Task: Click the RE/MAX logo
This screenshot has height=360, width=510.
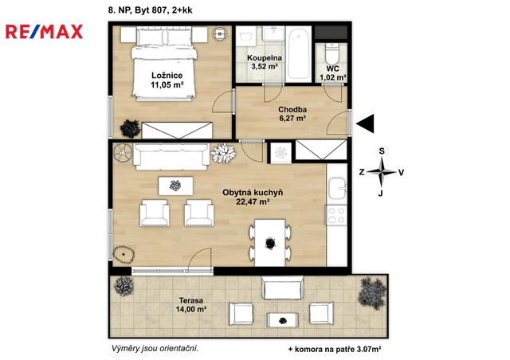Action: point(45,32)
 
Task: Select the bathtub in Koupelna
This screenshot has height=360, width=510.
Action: point(299,53)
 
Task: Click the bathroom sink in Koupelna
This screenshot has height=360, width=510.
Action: point(273,33)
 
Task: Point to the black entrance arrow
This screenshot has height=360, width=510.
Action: point(365,123)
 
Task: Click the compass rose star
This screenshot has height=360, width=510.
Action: point(382,172)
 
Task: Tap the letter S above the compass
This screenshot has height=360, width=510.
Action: point(382,151)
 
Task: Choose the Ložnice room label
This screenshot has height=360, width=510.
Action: point(167,76)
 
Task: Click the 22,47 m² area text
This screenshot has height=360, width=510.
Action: point(253,202)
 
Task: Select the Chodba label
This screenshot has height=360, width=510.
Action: point(292,110)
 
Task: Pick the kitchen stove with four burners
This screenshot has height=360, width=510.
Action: point(336,215)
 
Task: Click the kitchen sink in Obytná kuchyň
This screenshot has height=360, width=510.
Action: point(338,188)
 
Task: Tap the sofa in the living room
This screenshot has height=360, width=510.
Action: point(171,156)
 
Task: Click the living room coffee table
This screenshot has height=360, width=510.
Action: point(175,186)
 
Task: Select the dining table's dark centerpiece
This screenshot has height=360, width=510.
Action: point(270,243)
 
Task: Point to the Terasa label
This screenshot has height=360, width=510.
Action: point(191,301)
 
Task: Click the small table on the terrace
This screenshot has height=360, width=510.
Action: point(283,320)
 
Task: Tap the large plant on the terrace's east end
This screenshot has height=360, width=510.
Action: point(372,293)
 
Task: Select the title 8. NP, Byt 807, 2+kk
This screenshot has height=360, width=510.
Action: point(151,10)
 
